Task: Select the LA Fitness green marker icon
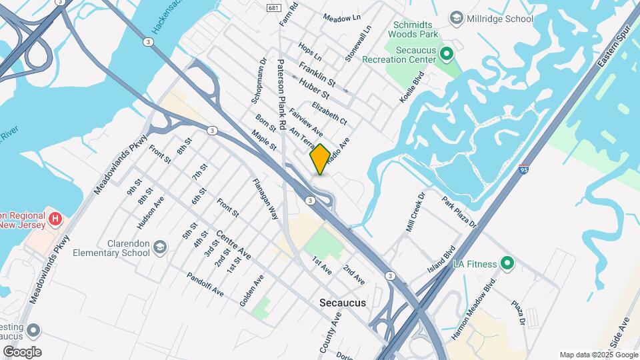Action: (x=507, y=264)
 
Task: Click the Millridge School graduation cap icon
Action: (x=457, y=17)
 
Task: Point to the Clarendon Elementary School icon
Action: (x=160, y=247)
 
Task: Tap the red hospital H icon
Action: (x=56, y=218)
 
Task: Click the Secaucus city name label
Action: (x=343, y=302)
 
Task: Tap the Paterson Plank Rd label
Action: (x=282, y=93)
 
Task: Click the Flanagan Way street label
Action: (x=265, y=199)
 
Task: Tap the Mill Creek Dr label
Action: (x=415, y=213)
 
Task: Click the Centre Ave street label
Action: (x=233, y=246)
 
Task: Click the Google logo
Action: (x=22, y=351)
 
